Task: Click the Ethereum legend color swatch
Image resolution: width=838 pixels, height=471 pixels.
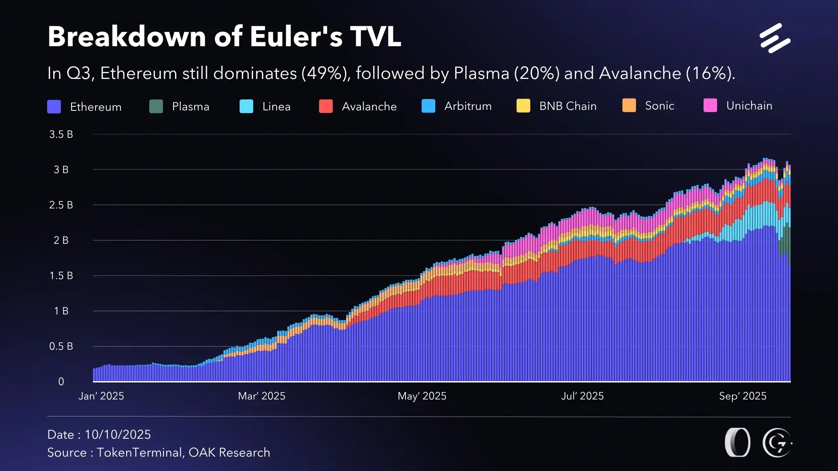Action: pyautogui.click(x=54, y=107)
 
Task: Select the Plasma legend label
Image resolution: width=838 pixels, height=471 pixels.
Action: pyautogui.click(x=190, y=106)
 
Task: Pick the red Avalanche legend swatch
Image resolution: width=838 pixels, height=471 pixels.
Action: pyautogui.click(x=326, y=106)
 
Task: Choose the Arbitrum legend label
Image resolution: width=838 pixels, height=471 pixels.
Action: pyautogui.click(x=467, y=106)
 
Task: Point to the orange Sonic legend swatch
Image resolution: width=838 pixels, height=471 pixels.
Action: pyautogui.click(x=629, y=106)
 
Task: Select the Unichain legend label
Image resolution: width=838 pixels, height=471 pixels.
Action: pyautogui.click(x=749, y=106)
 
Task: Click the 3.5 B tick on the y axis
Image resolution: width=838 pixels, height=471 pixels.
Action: pyautogui.click(x=61, y=134)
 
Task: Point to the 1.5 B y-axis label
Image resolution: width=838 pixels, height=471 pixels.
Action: pyautogui.click(x=61, y=276)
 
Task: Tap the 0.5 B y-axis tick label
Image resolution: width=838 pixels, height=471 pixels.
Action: pyautogui.click(x=61, y=346)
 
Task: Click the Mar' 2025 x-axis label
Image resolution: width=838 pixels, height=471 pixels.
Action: pyautogui.click(x=261, y=396)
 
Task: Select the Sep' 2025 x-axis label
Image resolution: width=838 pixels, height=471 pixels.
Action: pyautogui.click(x=742, y=396)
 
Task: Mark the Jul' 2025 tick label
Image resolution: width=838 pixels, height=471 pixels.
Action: pyautogui.click(x=582, y=396)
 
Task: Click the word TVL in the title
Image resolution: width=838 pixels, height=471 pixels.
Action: pyautogui.click(x=375, y=37)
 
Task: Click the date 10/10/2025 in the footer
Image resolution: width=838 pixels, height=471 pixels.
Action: pyautogui.click(x=117, y=434)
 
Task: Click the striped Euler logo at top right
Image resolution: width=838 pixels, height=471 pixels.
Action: pyautogui.click(x=775, y=38)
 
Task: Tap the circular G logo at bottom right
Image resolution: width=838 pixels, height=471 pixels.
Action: pyautogui.click(x=777, y=443)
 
